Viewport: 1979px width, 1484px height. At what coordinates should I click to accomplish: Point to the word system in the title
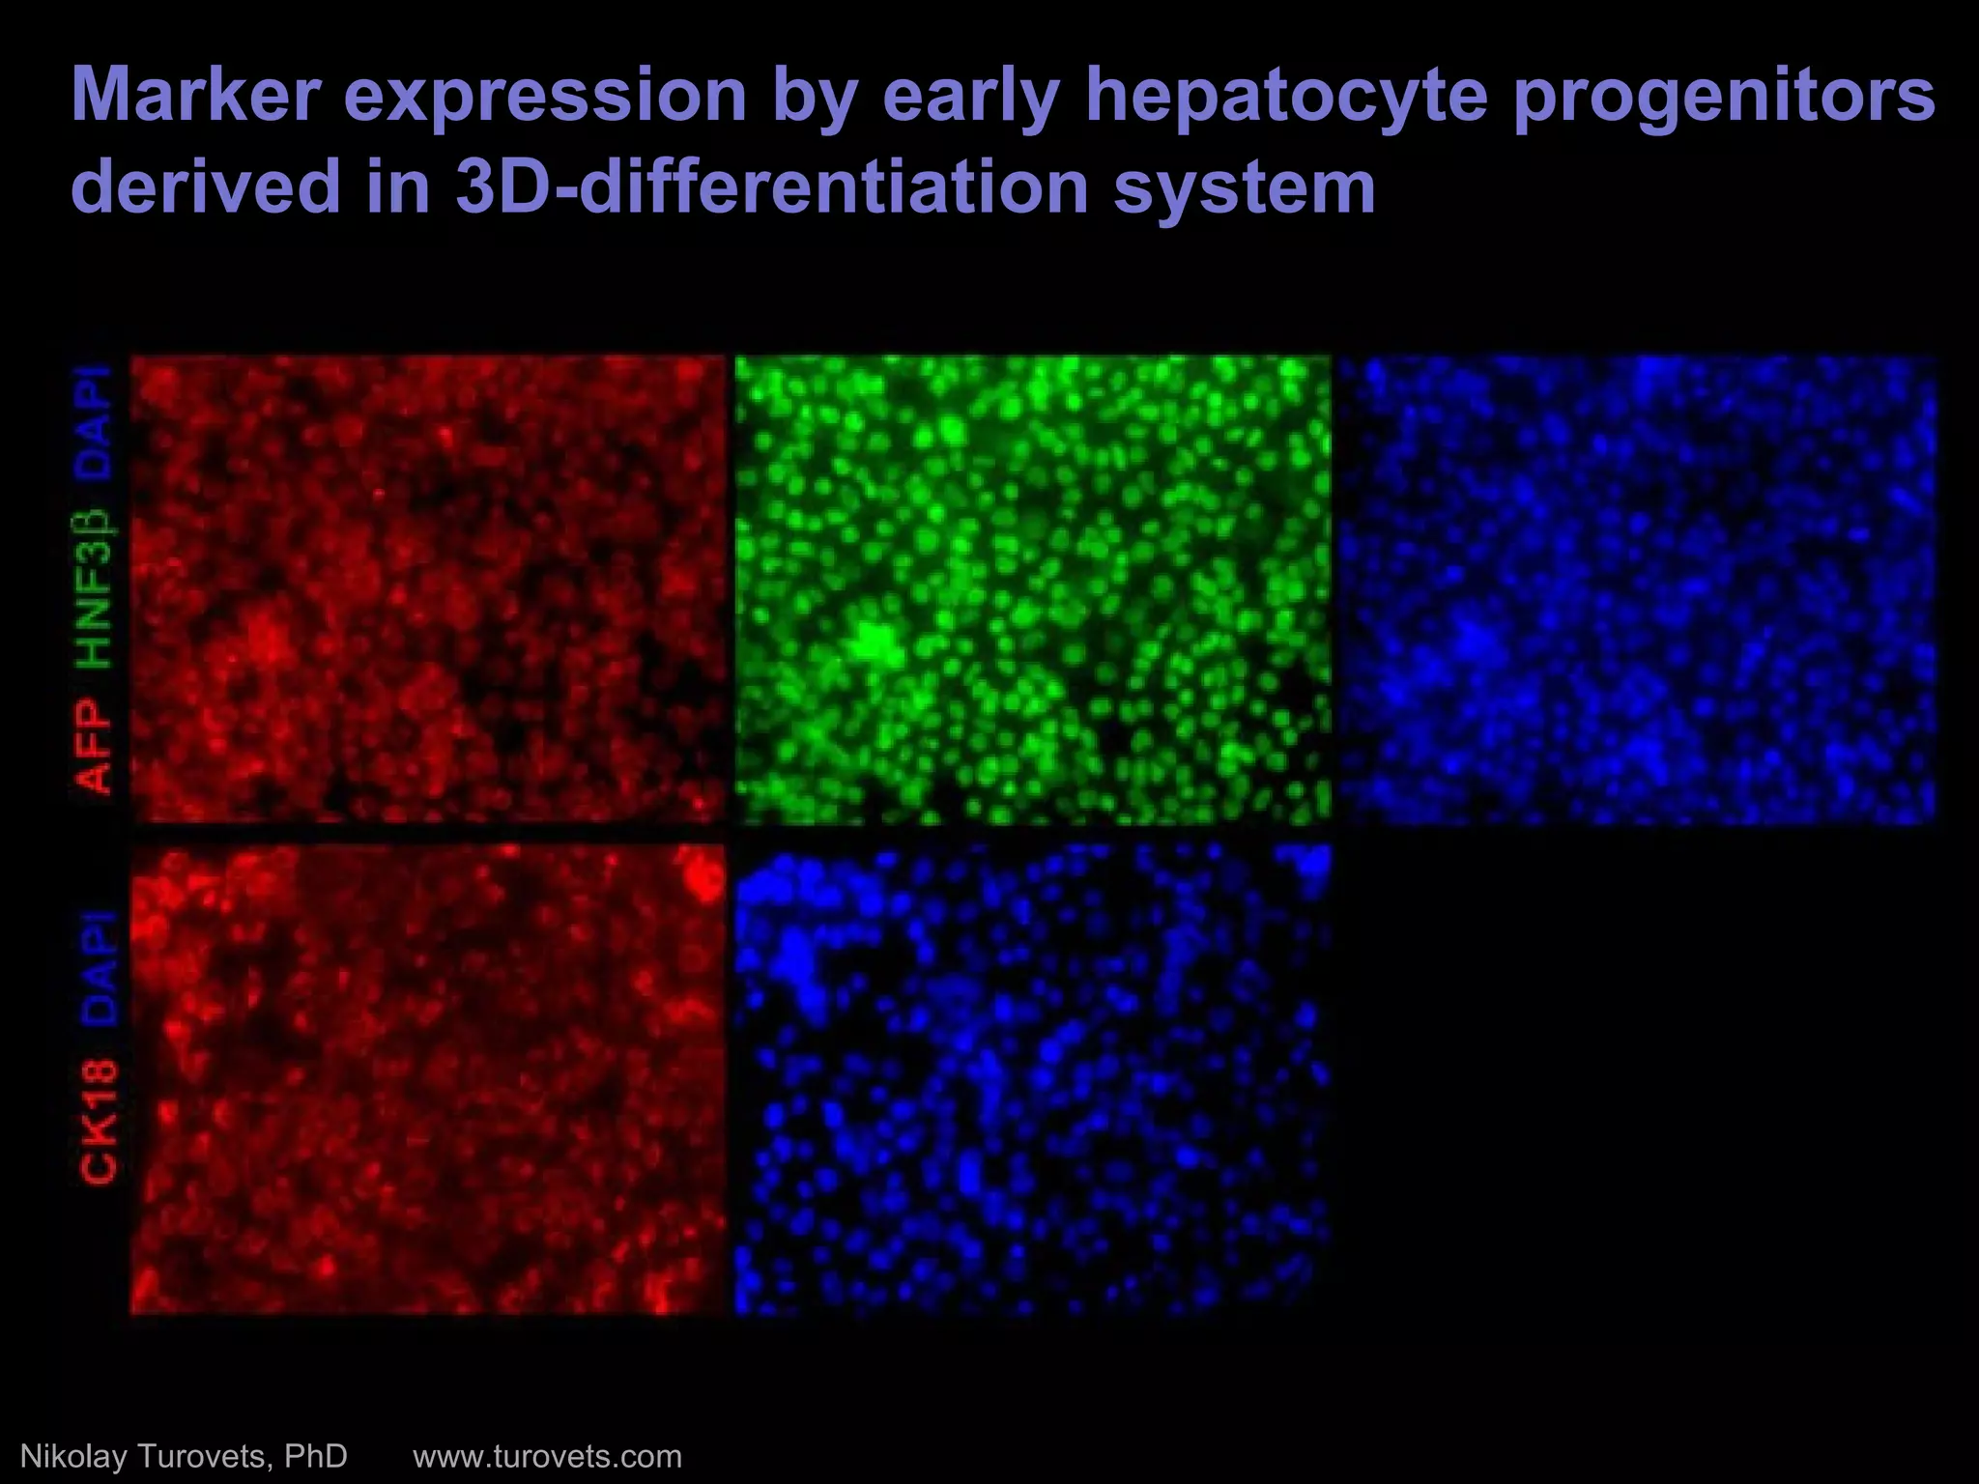click(x=1245, y=186)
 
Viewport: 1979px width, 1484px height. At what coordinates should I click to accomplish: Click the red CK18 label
click(x=98, y=1121)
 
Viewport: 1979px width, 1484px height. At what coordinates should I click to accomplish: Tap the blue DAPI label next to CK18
click(x=98, y=967)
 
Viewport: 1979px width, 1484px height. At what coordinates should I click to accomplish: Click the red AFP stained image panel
click(x=427, y=588)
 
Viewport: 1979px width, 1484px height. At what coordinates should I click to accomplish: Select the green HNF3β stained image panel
click(x=1032, y=588)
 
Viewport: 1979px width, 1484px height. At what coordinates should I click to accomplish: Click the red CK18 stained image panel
click(x=427, y=1079)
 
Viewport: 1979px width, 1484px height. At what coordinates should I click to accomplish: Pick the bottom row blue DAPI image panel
click(x=1032, y=1079)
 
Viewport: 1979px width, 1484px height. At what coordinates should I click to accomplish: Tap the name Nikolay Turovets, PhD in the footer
click(x=184, y=1455)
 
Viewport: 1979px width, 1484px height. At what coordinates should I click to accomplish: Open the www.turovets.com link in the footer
click(x=547, y=1455)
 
